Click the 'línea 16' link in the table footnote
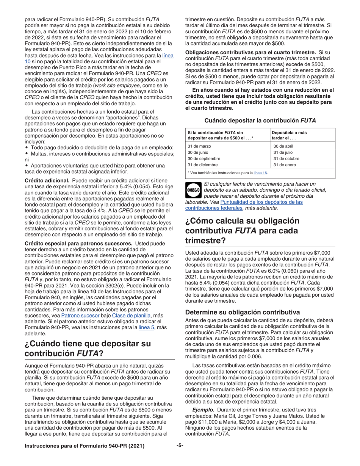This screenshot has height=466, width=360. point(260,173)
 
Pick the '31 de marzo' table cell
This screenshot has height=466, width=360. point(200,146)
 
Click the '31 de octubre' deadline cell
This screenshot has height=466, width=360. point(286,159)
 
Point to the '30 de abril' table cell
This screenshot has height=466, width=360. point(283,146)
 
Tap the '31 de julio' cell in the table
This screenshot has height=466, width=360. point(283,153)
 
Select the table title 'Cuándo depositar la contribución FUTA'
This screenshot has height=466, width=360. point(260,120)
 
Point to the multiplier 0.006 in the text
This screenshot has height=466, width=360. point(253,357)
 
